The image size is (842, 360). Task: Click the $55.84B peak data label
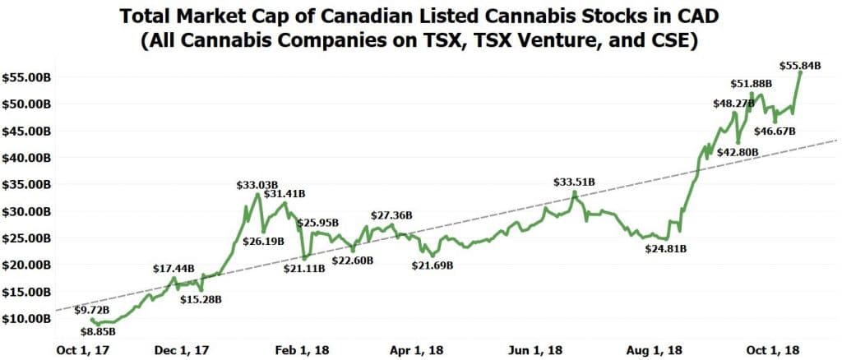[x=800, y=66]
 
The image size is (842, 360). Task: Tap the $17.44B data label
[x=174, y=269]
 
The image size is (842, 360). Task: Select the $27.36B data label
[x=391, y=215]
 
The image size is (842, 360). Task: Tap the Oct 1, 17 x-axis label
[x=81, y=350]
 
